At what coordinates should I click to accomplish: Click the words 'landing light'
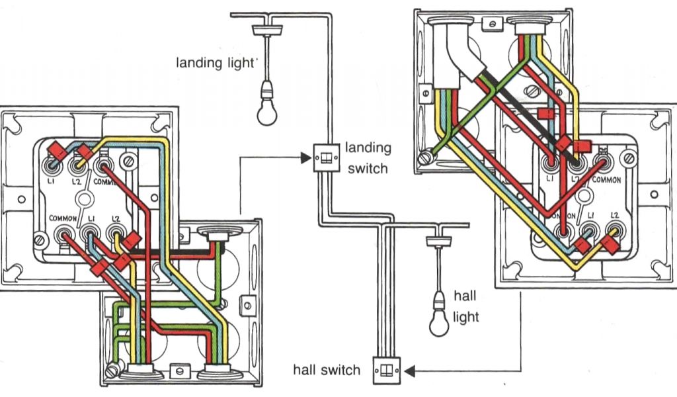[x=215, y=64]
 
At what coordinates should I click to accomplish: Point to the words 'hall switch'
[x=327, y=369]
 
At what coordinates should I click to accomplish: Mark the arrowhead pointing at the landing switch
[x=304, y=157]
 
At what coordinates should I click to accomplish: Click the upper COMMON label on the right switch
[x=606, y=179]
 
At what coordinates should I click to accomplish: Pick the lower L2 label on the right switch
[x=615, y=216]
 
